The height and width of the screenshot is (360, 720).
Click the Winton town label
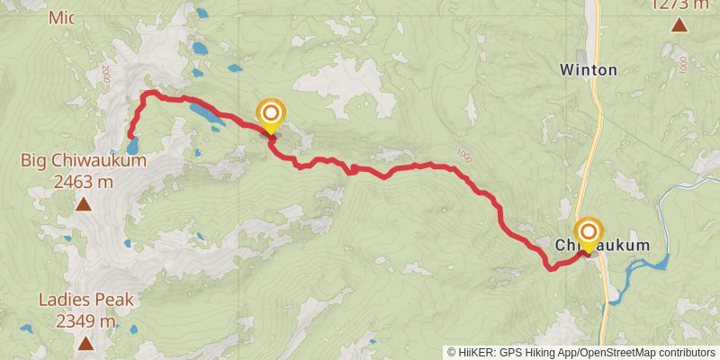589,69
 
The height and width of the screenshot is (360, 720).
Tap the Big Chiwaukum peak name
83,161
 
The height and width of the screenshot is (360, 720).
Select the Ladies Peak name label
85,301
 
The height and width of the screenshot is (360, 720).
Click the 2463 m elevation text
83,181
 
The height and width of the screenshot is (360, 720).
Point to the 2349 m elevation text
85,320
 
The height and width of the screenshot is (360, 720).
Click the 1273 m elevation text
679,4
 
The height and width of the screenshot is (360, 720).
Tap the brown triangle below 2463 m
83,204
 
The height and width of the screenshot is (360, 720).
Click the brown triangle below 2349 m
85,343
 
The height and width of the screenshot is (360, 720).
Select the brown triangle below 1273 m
679,24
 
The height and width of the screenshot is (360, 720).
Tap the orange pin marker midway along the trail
271,114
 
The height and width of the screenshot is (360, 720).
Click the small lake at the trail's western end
132,145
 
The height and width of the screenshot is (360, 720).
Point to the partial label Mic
62,17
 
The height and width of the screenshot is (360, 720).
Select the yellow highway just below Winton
596,108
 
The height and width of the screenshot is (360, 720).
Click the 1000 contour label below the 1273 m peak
684,65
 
